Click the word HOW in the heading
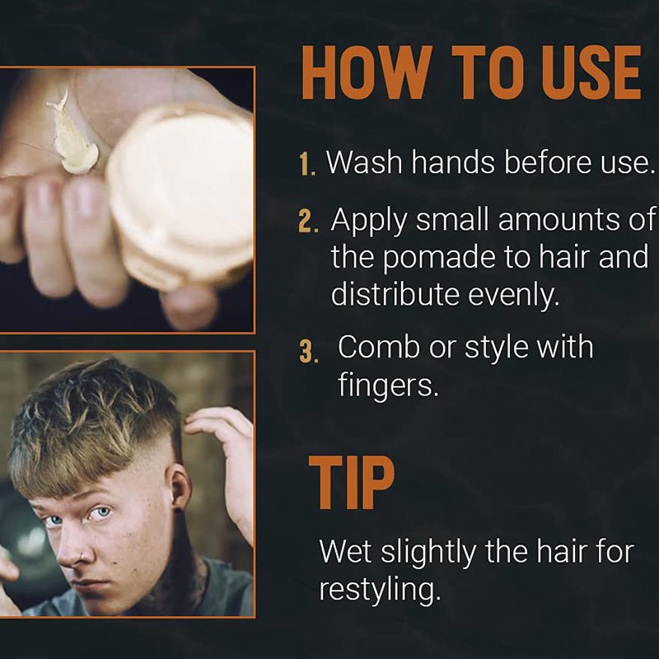367,72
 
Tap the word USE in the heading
591,72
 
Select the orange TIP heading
352,483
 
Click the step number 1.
307,164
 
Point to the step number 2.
307,222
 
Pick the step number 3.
308,352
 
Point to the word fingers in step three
388,385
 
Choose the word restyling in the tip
380,589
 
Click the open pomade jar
181,196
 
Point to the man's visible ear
180,487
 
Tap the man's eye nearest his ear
100,513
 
